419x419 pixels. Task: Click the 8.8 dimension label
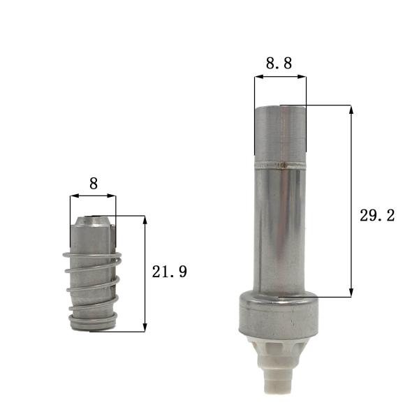pyautogui.click(x=279, y=63)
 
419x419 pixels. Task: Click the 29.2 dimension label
pyautogui.click(x=377, y=216)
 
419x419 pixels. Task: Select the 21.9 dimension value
pyautogui.click(x=170, y=272)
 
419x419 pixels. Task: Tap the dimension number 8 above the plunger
pyautogui.click(x=94, y=184)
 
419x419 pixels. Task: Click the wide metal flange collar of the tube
pyautogui.click(x=279, y=314)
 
